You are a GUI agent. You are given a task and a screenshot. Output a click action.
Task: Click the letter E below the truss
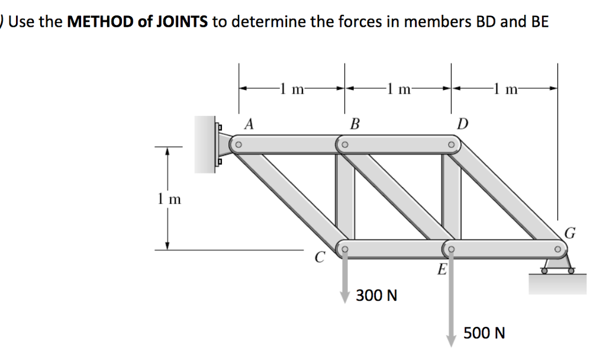[441, 271]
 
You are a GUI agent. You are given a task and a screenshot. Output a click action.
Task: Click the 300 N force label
[376, 294]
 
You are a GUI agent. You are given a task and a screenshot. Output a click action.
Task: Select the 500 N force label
[484, 333]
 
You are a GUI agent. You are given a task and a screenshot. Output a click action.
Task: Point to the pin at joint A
[239, 144]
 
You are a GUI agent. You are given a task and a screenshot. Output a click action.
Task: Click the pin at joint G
[557, 249]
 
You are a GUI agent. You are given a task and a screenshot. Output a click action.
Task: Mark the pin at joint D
[451, 144]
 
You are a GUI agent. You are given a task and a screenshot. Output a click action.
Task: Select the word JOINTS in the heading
[184, 22]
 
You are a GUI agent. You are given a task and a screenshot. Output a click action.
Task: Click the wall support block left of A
[207, 144]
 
